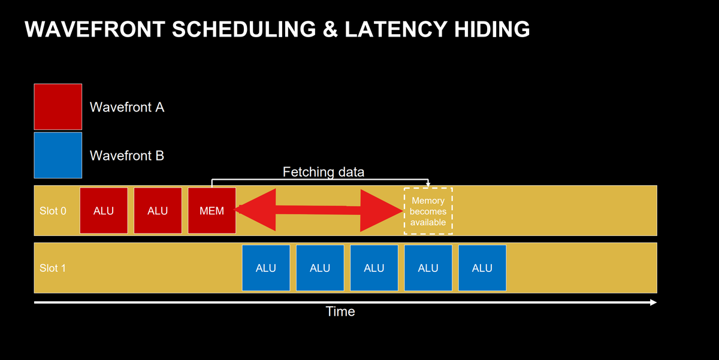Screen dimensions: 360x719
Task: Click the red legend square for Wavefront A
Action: (58, 107)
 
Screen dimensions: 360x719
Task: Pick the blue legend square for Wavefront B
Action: (58, 155)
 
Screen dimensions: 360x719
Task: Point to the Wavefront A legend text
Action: (127, 107)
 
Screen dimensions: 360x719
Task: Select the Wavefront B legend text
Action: (127, 156)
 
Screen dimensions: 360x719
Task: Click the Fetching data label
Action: (323, 173)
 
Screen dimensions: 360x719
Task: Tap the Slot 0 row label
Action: (53, 211)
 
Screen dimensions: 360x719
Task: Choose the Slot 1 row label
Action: (53, 268)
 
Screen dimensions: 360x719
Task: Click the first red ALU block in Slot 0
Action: (104, 210)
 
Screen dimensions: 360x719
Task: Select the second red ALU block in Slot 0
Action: (158, 210)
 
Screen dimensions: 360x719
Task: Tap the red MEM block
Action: (212, 210)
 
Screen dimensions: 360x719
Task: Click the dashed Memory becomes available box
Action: (428, 211)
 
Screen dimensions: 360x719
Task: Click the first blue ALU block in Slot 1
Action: (265, 268)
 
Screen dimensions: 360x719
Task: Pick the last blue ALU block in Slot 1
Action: (482, 268)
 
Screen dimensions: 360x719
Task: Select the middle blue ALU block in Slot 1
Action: (374, 268)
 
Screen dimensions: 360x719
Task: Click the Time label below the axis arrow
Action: (340, 311)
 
